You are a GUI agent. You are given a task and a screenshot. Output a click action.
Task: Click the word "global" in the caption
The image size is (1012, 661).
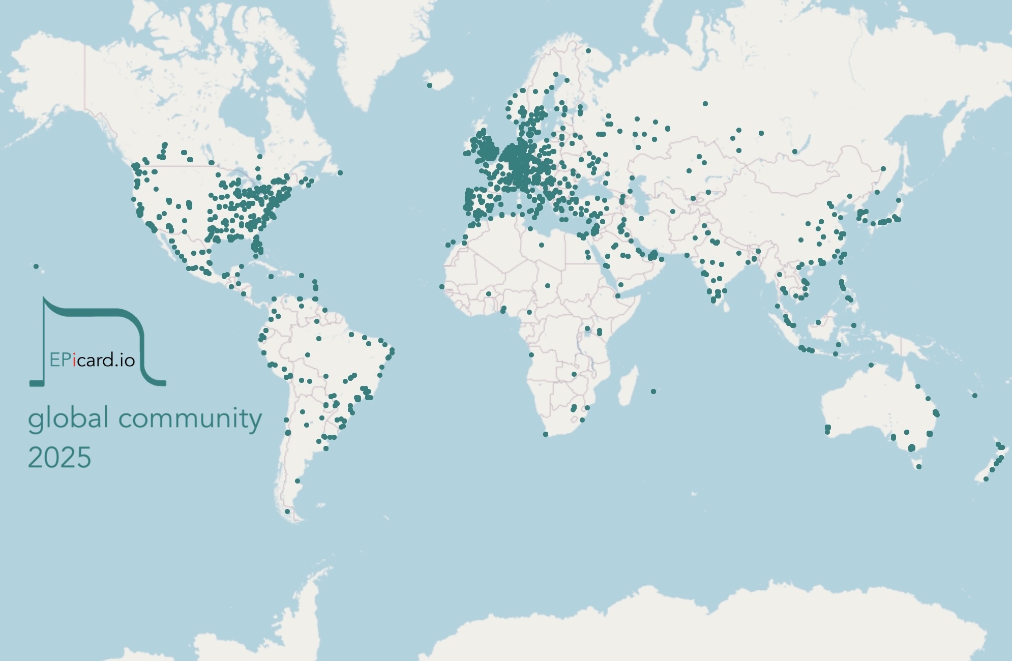(68, 419)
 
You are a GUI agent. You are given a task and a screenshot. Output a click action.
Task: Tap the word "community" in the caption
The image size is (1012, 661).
(190, 419)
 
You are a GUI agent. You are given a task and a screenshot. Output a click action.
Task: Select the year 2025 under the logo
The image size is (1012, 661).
(59, 458)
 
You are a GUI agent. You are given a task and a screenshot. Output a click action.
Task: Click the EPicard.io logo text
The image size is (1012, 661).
(92, 360)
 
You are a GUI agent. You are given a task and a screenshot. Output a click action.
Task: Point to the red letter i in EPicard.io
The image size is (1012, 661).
(75, 360)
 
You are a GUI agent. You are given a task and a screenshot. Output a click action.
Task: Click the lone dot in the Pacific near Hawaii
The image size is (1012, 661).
(36, 266)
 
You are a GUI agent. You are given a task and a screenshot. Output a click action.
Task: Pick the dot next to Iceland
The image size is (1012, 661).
(430, 85)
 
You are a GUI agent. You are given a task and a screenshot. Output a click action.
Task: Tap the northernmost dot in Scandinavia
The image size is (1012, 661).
(588, 51)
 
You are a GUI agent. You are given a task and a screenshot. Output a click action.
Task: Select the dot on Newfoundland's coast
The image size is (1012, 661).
(340, 173)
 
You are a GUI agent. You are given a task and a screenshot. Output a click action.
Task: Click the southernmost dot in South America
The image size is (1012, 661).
(287, 512)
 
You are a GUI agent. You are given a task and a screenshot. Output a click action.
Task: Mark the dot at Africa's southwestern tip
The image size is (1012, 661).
(546, 434)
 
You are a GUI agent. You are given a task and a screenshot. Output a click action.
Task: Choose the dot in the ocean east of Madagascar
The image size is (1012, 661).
(653, 392)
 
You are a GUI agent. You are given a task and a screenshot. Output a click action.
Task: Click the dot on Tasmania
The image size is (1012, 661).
(918, 467)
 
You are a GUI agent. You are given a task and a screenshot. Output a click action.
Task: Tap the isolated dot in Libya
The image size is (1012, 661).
(542, 245)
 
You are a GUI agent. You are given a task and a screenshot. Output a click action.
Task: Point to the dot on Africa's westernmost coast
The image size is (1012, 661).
(442, 287)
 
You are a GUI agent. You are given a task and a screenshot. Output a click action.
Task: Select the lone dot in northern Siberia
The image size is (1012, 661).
(705, 104)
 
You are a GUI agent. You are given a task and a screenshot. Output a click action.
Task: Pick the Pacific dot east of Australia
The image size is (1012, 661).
(974, 396)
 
